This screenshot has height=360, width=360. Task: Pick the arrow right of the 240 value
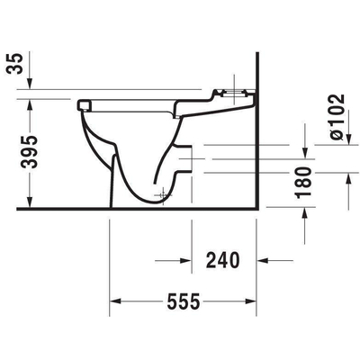[x=264, y=261]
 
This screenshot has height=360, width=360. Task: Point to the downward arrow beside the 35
[x=31, y=80]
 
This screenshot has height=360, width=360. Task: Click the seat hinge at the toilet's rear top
[x=229, y=92]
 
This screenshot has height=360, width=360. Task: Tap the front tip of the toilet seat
[x=84, y=104]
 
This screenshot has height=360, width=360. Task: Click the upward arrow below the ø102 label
[x=346, y=180]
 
